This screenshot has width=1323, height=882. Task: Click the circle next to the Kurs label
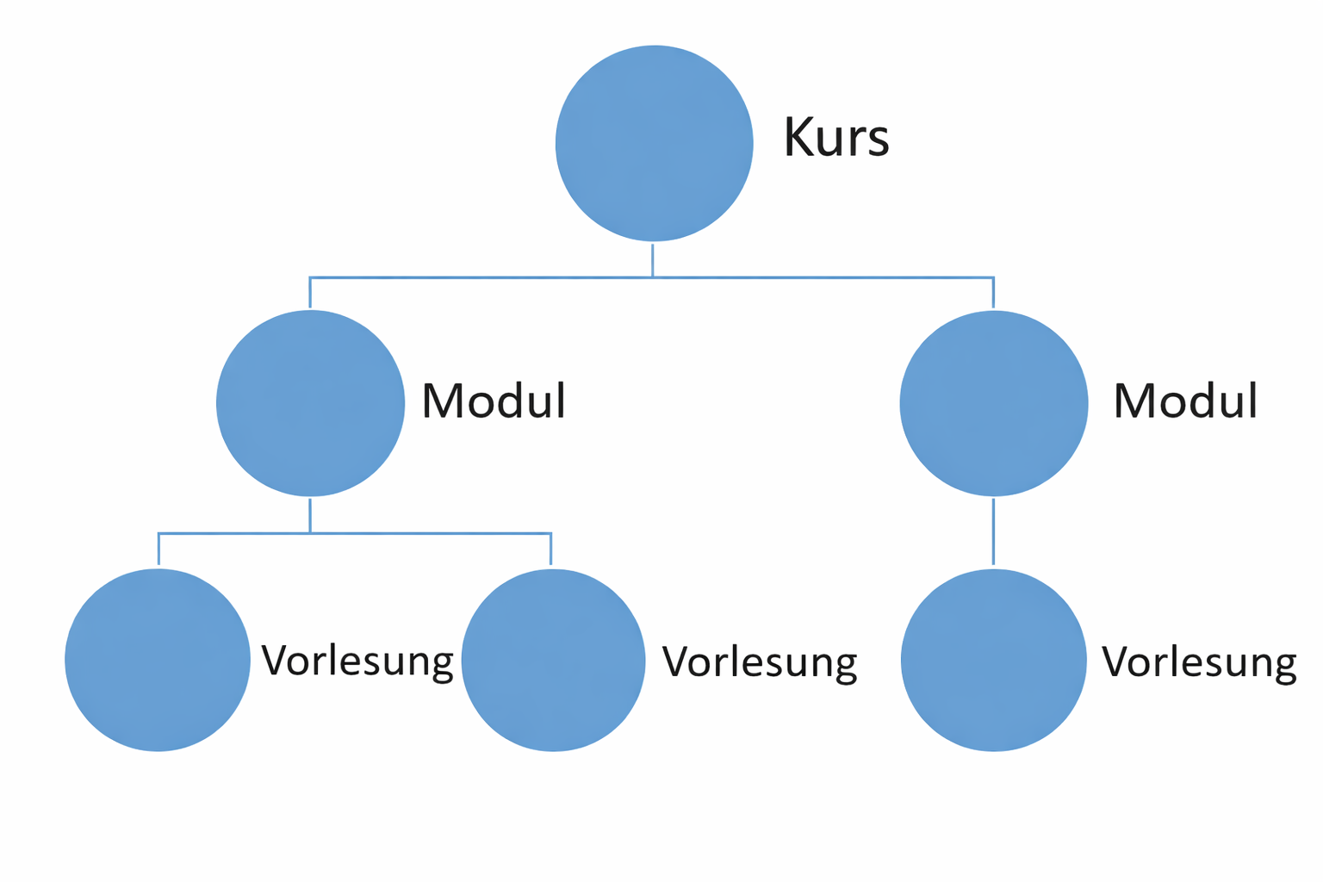tap(654, 143)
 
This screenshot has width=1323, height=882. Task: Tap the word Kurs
tap(835, 138)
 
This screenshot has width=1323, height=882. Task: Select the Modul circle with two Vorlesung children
tap(310, 403)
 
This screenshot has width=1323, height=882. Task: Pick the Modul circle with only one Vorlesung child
tap(993, 403)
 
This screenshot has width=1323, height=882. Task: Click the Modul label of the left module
tap(493, 401)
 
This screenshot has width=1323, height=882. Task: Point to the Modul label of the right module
tap(1185, 401)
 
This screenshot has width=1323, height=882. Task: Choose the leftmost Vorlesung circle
tap(158, 660)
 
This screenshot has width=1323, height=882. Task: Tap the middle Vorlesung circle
tap(553, 660)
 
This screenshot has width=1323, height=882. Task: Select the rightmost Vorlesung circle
tap(993, 660)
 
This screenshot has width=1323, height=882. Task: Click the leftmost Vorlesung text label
tap(357, 661)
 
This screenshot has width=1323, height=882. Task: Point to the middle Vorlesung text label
tap(759, 662)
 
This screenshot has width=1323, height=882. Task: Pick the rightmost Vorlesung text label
tap(1199, 662)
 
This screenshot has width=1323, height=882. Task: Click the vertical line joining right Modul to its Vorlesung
tap(993, 531)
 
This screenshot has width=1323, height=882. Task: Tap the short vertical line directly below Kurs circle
tap(653, 260)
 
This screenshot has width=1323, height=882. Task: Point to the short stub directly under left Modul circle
tap(310, 515)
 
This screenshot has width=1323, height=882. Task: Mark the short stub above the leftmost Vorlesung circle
tap(158, 550)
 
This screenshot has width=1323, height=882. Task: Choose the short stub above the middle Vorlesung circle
tap(550, 550)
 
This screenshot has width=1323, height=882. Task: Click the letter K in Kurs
tap(798, 138)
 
